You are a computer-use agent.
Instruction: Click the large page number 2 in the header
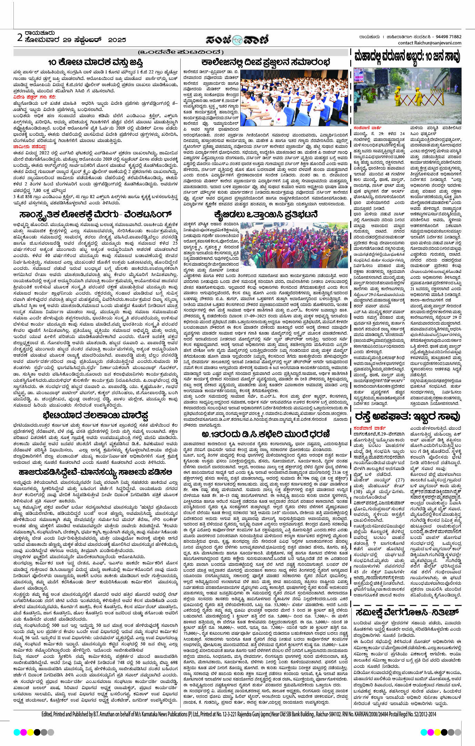pos(20,37)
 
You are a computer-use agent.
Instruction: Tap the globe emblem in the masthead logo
pos(238,40)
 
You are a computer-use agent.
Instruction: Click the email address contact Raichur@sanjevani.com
pos(429,43)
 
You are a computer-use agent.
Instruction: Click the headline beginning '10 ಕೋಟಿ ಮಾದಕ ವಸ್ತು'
pos(95,62)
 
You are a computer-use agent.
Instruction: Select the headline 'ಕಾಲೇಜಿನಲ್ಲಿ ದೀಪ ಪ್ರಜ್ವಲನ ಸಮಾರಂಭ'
pos(266,62)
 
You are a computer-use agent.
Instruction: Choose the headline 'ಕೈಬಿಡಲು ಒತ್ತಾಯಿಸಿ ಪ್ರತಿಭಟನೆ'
pos(266,214)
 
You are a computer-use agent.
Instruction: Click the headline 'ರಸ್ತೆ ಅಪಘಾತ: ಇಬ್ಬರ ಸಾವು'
pos(407,416)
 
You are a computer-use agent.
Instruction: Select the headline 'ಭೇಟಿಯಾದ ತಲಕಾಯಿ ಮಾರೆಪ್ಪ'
pos(95,415)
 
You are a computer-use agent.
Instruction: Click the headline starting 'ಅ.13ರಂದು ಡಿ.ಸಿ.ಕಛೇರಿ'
pos(266,433)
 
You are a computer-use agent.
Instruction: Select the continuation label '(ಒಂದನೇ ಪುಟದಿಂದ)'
pos(181,52)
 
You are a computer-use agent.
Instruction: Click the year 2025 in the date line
pos(117,40)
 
